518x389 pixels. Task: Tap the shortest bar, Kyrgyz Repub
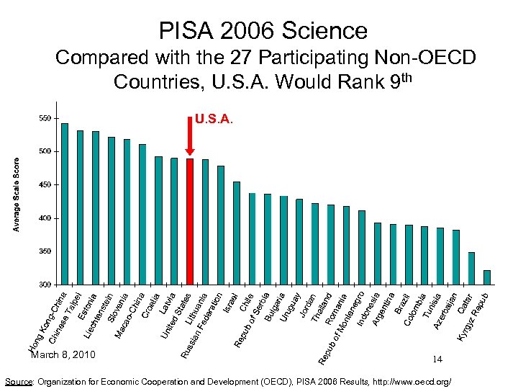pyautogui.click(x=487, y=277)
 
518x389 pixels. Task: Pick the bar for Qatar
pyautogui.click(x=471, y=268)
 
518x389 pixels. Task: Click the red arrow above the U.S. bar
pyautogui.click(x=190, y=144)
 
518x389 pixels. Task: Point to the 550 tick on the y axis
pyautogui.click(x=45, y=118)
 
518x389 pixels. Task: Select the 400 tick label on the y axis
pyautogui.click(x=45, y=218)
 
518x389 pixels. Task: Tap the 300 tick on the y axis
pyautogui.click(x=45, y=285)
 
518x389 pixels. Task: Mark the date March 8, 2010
pyautogui.click(x=63, y=354)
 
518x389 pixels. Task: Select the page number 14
pyautogui.click(x=437, y=358)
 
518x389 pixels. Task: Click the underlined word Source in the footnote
pyautogui.click(x=19, y=380)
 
